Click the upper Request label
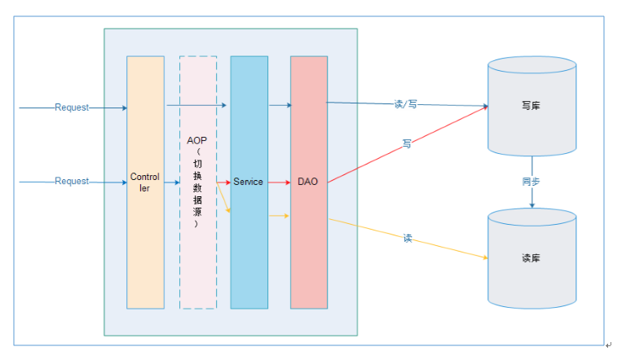72,108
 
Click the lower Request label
72,181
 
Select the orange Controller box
145,244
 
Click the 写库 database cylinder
531,106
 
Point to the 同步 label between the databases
531,182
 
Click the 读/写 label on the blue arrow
405,104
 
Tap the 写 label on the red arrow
406,143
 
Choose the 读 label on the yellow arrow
407,238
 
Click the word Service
248,182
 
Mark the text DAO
307,182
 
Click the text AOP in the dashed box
196,140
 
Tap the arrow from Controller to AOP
172,182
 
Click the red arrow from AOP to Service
223,182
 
